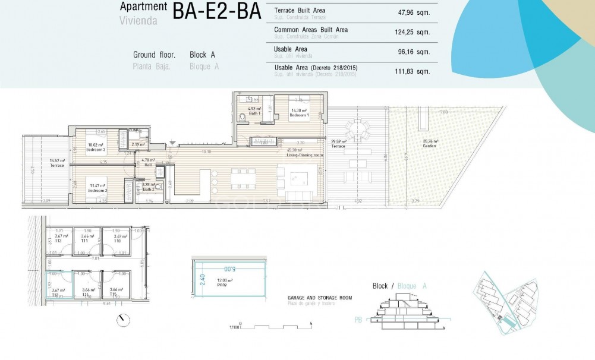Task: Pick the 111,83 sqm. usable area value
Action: click(414, 71)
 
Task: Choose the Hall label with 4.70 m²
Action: click(148, 162)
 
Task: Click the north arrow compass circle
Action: click(123, 320)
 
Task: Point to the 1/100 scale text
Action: click(234, 327)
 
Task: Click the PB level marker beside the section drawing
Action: click(358, 320)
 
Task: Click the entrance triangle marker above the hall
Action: click(172, 143)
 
